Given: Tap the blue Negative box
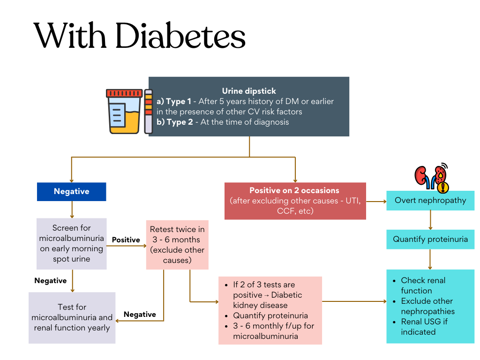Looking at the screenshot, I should click(x=71, y=191).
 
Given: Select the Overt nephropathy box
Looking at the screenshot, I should click(x=430, y=200).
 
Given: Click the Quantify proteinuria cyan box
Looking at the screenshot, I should click(x=430, y=239).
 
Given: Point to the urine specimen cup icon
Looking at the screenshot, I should click(x=124, y=111).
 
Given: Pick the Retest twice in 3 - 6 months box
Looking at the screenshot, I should click(x=177, y=245).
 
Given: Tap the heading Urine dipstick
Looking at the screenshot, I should click(x=249, y=91).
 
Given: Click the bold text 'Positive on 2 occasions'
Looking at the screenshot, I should click(x=294, y=191).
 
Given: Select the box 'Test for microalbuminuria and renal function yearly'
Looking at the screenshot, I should click(x=72, y=317).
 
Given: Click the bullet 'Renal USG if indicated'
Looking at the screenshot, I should click(x=425, y=327).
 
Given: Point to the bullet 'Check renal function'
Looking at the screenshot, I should click(x=423, y=285).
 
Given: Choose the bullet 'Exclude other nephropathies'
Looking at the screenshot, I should click(x=427, y=306).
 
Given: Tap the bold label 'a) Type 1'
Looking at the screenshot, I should click(x=174, y=101).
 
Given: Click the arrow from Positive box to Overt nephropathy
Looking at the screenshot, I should click(x=376, y=201).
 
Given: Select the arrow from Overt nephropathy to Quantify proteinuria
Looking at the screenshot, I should click(x=430, y=219).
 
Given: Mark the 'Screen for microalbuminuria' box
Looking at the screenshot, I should click(x=71, y=243).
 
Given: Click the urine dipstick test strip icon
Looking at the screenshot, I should click(x=149, y=111).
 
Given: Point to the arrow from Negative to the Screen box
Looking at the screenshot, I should click(x=72, y=210).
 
